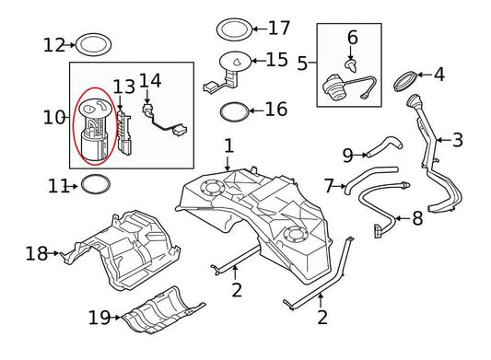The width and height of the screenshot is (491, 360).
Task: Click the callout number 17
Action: tap(278, 28)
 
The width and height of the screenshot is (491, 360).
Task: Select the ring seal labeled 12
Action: tap(90, 43)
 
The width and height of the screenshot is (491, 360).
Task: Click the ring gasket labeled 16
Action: tap(236, 111)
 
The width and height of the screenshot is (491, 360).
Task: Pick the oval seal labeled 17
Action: tap(233, 29)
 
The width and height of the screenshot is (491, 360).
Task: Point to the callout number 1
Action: tap(228, 145)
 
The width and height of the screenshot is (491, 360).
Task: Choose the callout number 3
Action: tap(457, 140)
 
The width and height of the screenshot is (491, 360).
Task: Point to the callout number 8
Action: tap(416, 218)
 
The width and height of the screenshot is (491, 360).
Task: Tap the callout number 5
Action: tap(302, 64)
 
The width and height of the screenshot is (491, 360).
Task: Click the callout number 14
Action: tap(150, 81)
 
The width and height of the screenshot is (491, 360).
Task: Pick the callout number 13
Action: tap(123, 86)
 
